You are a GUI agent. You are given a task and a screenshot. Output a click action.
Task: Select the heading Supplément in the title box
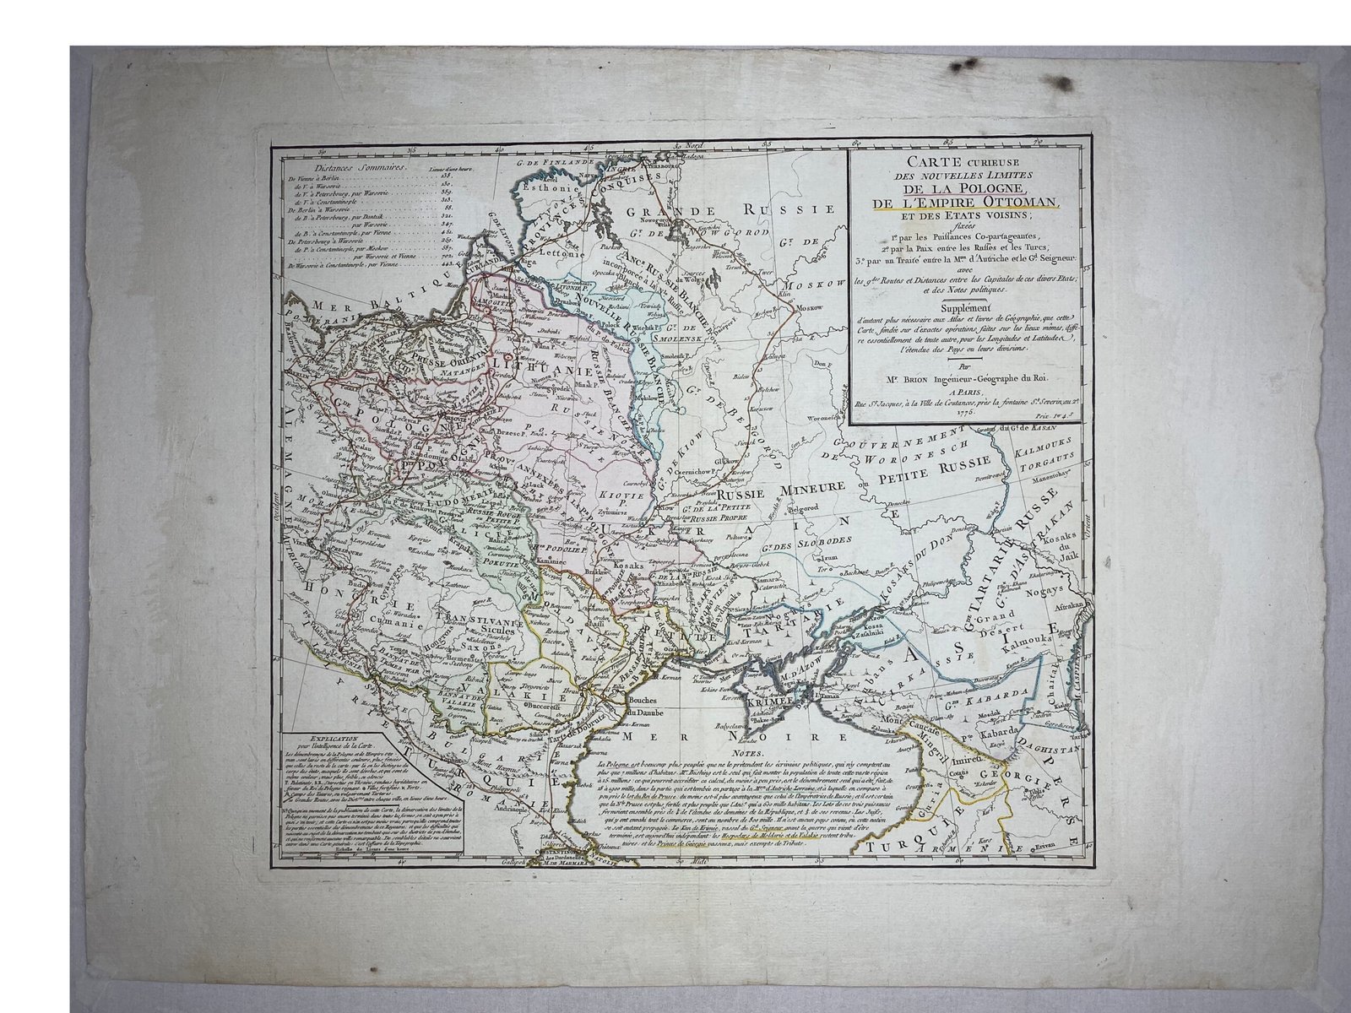961,309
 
